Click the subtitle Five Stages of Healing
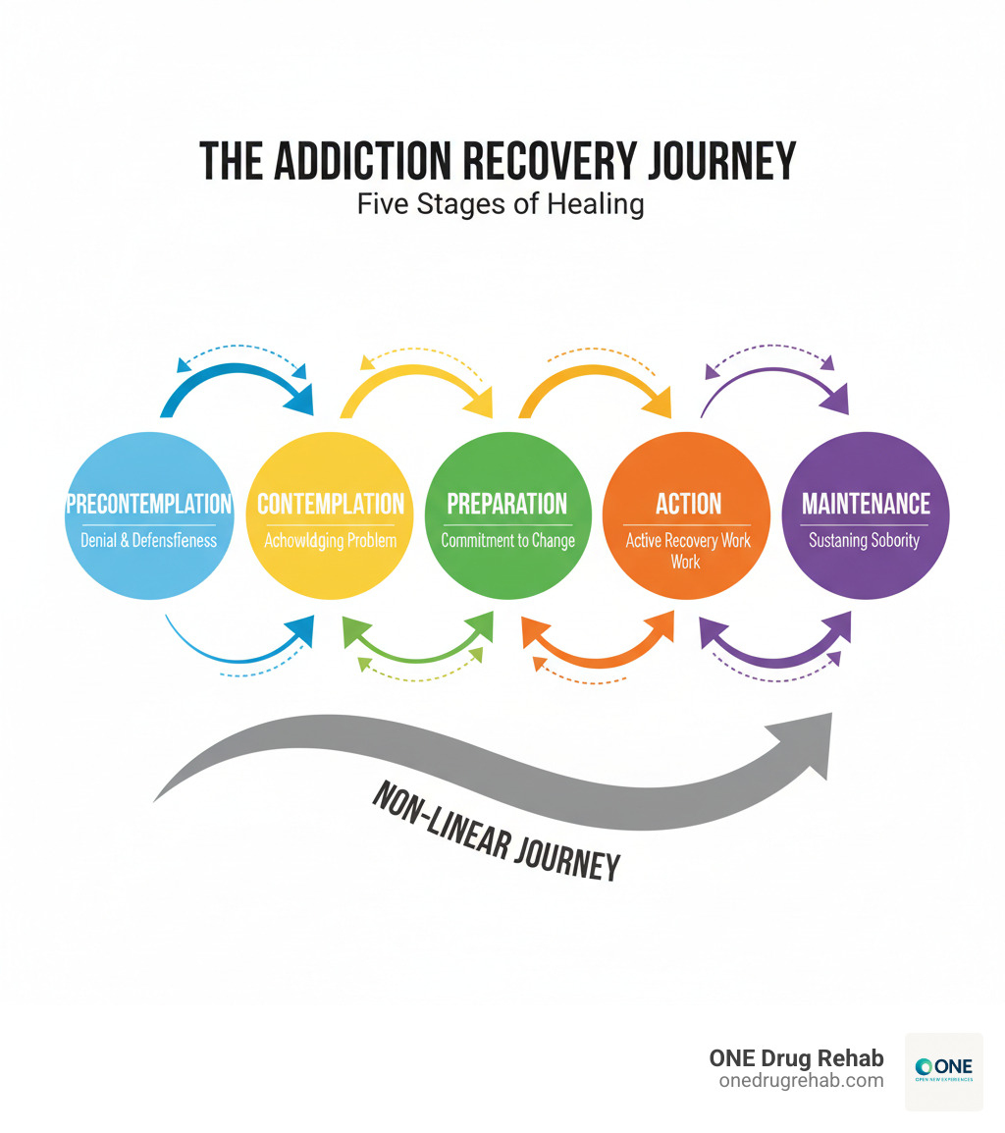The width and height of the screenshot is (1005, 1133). (x=501, y=205)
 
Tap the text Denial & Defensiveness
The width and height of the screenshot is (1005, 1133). (x=148, y=540)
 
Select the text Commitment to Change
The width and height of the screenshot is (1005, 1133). (x=507, y=540)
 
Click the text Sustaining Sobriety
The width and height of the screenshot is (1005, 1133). (x=865, y=540)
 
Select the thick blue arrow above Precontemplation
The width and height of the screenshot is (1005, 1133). (x=236, y=379)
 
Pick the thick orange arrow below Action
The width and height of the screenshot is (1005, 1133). (x=599, y=650)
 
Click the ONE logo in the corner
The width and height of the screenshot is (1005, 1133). (x=942, y=1071)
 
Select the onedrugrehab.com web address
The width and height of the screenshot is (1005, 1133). (x=801, y=1081)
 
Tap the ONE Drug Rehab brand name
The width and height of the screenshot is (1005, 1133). (x=796, y=1058)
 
